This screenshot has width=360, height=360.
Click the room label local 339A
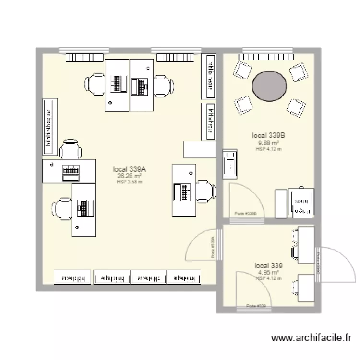(129, 169)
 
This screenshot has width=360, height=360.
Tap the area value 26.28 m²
(129, 176)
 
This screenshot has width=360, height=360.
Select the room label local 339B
(268, 136)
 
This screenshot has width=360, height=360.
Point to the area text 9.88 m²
(268, 143)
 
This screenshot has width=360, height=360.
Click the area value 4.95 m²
(268, 272)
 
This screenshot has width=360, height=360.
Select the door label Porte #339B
(245, 214)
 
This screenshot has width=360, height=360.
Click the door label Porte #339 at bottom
(256, 306)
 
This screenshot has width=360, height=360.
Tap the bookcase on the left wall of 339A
(49, 127)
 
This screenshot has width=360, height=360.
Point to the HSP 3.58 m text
(129, 182)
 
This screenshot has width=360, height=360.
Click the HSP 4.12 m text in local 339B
(268, 149)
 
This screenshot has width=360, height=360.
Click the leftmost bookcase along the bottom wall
(72, 278)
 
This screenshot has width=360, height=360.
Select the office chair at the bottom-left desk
(62, 209)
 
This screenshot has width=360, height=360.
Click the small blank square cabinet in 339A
(199, 150)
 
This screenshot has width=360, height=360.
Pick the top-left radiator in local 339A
(85, 58)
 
